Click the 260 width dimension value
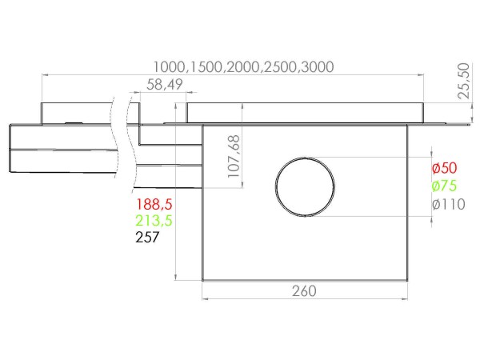pos(305,290)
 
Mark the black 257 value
pos(148,237)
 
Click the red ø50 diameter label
pos(444,169)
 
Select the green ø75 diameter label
pos(444,186)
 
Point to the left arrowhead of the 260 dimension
pos(206,300)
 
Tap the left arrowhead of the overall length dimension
pos(45,75)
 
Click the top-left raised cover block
pos(76,112)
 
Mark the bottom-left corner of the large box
pos(202,279)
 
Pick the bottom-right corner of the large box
pos(408,279)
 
